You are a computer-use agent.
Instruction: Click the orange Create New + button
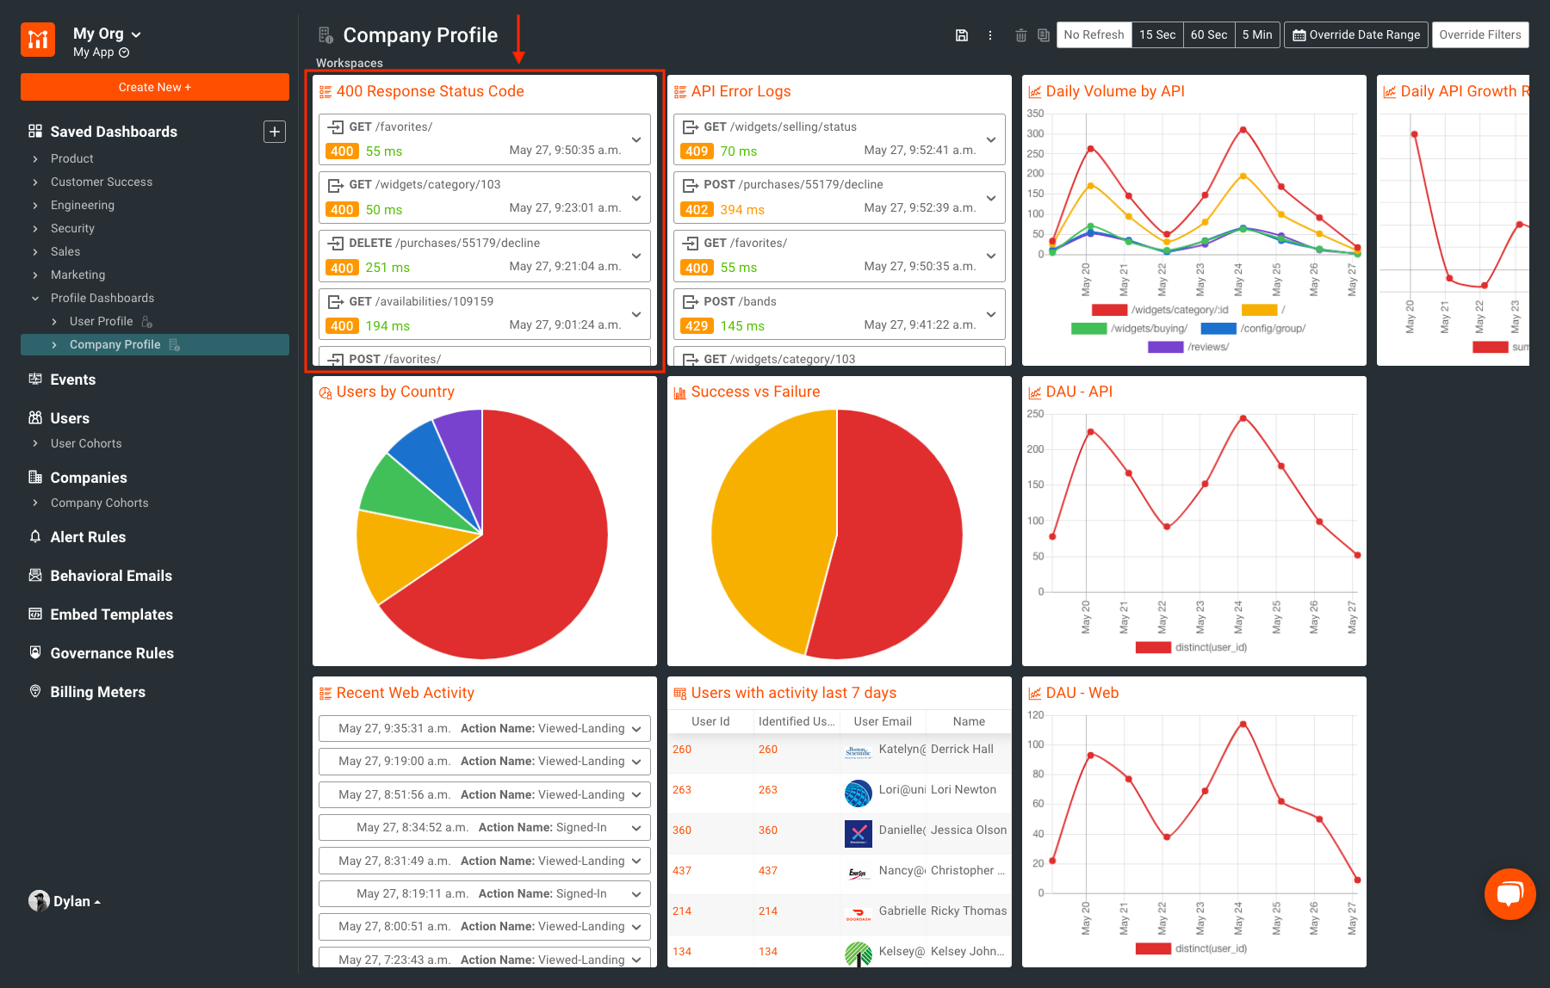point(155,87)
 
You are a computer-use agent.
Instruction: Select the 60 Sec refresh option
point(1208,34)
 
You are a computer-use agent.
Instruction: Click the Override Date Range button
point(1355,34)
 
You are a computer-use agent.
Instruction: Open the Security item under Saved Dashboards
point(72,228)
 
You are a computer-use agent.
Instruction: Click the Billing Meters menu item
point(97,692)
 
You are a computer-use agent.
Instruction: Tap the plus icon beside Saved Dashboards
point(274,132)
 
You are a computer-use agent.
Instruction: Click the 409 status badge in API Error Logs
point(696,151)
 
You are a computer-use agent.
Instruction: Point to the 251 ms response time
point(387,268)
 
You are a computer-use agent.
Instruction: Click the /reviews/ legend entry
point(1207,347)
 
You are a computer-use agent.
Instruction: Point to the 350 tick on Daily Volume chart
point(1035,114)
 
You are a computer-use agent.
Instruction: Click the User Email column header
point(882,721)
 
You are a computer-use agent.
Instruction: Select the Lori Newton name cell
point(963,789)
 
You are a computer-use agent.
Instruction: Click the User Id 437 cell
point(682,870)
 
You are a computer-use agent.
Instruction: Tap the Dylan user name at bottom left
point(71,901)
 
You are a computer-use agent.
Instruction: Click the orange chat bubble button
point(1510,894)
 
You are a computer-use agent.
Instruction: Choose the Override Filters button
point(1479,34)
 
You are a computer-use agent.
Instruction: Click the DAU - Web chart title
point(1082,693)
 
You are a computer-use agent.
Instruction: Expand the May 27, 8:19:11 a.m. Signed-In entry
point(635,893)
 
